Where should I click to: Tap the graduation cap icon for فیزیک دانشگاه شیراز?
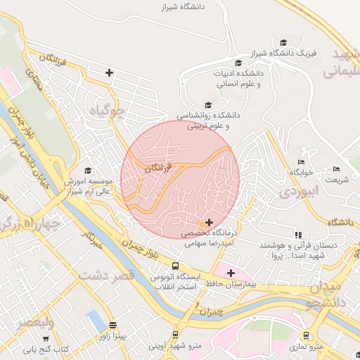[x=283, y=43]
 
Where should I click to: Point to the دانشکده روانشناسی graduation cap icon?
[x=207, y=104]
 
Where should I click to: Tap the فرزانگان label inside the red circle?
[x=157, y=169]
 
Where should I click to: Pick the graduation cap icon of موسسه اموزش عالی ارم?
[x=88, y=170]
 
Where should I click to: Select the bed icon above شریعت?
[x=336, y=169]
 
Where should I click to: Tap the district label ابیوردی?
[x=300, y=191]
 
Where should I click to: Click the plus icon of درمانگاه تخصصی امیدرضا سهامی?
[x=208, y=221]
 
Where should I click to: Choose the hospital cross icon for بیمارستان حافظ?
[x=231, y=272]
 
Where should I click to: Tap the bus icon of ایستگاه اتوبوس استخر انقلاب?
[x=175, y=266]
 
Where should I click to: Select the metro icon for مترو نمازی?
[x=306, y=335]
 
